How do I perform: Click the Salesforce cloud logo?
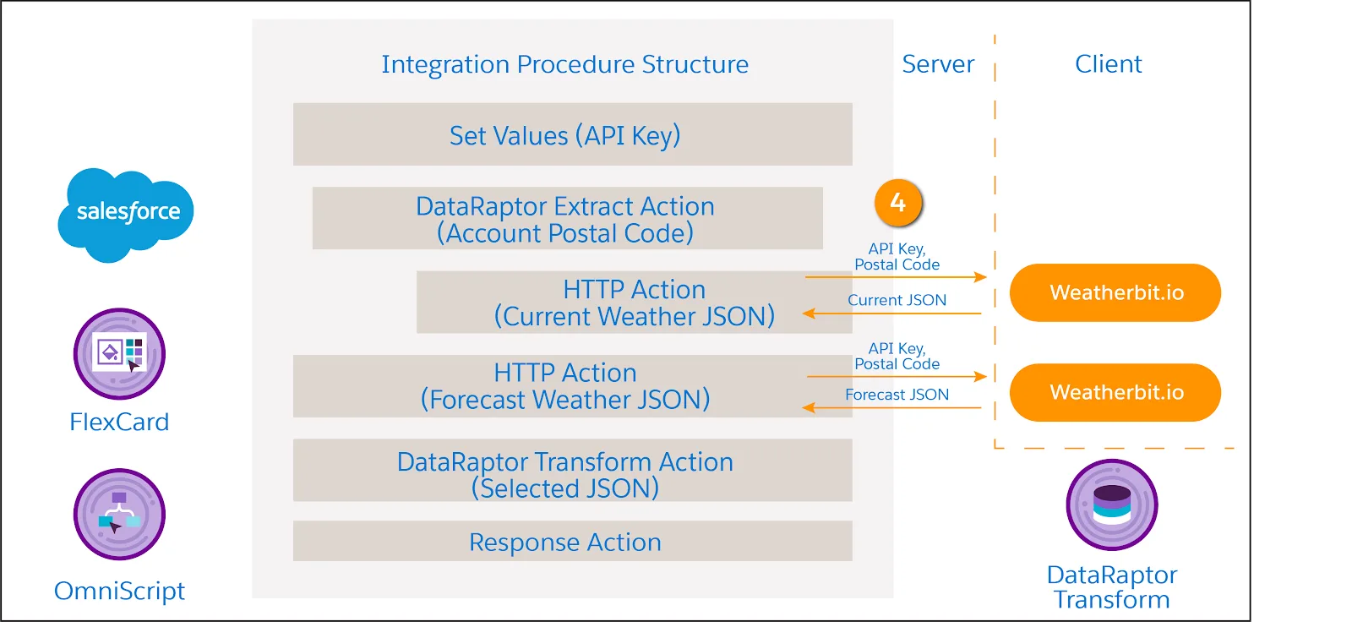pos(126,214)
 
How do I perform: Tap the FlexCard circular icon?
pos(119,353)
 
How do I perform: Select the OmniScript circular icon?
pos(119,514)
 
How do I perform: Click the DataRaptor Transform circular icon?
pos(1112,504)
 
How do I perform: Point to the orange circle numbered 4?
pos(898,203)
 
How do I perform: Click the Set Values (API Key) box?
pos(572,134)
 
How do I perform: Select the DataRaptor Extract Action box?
pos(566,219)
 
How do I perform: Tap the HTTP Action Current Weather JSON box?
pos(634,303)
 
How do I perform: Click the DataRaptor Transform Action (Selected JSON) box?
pos(572,471)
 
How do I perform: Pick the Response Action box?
pos(572,542)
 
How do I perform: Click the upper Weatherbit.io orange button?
pos(1115,292)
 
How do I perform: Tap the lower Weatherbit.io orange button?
pos(1115,392)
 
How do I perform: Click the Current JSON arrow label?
pos(897,300)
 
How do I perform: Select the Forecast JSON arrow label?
pos(897,395)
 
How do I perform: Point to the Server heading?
pos(938,64)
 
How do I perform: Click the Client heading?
pos(1108,64)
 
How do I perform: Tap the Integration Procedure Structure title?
pos(564,64)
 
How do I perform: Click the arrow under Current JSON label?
pos(892,314)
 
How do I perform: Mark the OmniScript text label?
pos(119,591)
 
